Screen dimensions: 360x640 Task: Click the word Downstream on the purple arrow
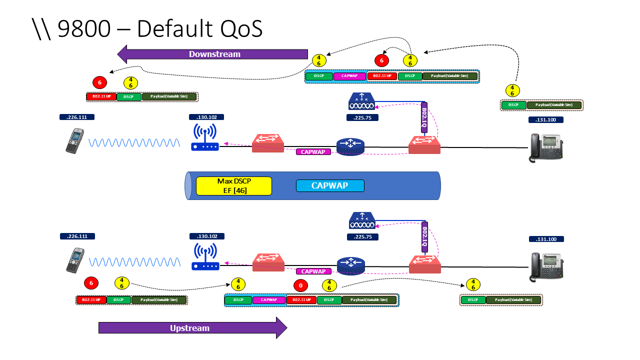[214, 54]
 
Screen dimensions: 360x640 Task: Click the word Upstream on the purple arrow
[189, 328]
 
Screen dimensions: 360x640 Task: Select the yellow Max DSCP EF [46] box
[234, 185]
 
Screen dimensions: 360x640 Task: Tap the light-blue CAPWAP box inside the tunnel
[330, 185]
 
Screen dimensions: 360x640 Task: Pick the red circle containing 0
[300, 286]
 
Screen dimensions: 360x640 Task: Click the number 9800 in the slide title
[84, 29]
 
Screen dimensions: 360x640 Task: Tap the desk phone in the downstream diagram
[546, 148]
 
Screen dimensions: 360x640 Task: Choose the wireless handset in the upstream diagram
[75, 260]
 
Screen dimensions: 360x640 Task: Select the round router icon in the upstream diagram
[351, 265]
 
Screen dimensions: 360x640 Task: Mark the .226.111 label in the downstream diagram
[77, 117]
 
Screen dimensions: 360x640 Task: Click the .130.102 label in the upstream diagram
[207, 236]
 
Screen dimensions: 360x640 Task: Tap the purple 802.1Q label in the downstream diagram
[424, 118]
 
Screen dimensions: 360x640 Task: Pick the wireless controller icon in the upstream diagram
[362, 220]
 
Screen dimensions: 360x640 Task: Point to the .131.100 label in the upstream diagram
[546, 239]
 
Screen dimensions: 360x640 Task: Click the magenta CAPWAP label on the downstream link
[313, 151]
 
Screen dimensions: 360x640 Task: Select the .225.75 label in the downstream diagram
[362, 117]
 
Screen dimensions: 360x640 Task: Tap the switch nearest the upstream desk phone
[424, 263]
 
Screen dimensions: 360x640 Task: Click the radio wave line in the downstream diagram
[134, 143]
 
